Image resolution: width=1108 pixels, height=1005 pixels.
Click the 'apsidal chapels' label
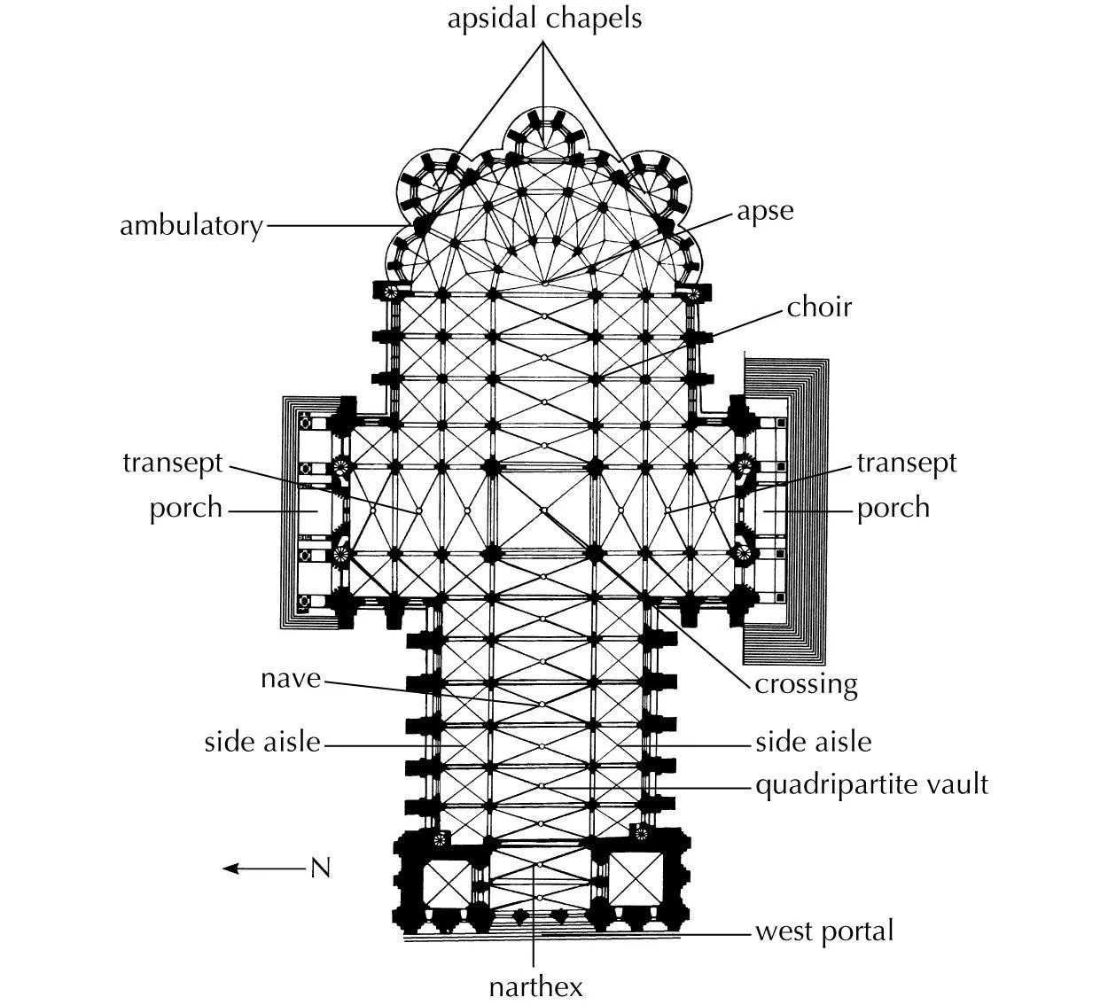pyautogui.click(x=544, y=19)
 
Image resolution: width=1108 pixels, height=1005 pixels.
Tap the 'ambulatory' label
pyautogui.click(x=191, y=226)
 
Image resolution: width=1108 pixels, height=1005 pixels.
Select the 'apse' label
pyautogui.click(x=765, y=212)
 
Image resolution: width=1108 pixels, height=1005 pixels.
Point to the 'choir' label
pyautogui.click(x=819, y=308)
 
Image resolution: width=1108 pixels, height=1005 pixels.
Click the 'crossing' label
pyautogui.click(x=806, y=684)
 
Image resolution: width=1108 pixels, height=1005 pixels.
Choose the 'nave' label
pyautogui.click(x=291, y=679)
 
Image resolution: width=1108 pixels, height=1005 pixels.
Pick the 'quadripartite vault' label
pyautogui.click(x=871, y=784)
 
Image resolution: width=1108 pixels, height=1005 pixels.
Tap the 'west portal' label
pyautogui.click(x=824, y=931)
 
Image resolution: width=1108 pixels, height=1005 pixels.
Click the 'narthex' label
pyautogui.click(x=535, y=986)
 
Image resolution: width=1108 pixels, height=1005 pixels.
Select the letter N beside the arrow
pyautogui.click(x=320, y=869)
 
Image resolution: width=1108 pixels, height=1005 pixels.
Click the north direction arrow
pyautogui.click(x=261, y=869)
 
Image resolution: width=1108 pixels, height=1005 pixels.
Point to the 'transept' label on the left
pyautogui.click(x=173, y=463)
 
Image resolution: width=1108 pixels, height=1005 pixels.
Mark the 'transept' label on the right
pyautogui.click(x=907, y=463)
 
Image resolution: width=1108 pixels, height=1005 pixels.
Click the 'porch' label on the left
pyautogui.click(x=185, y=509)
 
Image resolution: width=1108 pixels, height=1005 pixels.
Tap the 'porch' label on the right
pyautogui.click(x=893, y=509)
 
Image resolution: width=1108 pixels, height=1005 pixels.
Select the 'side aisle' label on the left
pyautogui.click(x=262, y=742)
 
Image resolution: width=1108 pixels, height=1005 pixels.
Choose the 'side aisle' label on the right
pyautogui.click(x=813, y=742)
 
